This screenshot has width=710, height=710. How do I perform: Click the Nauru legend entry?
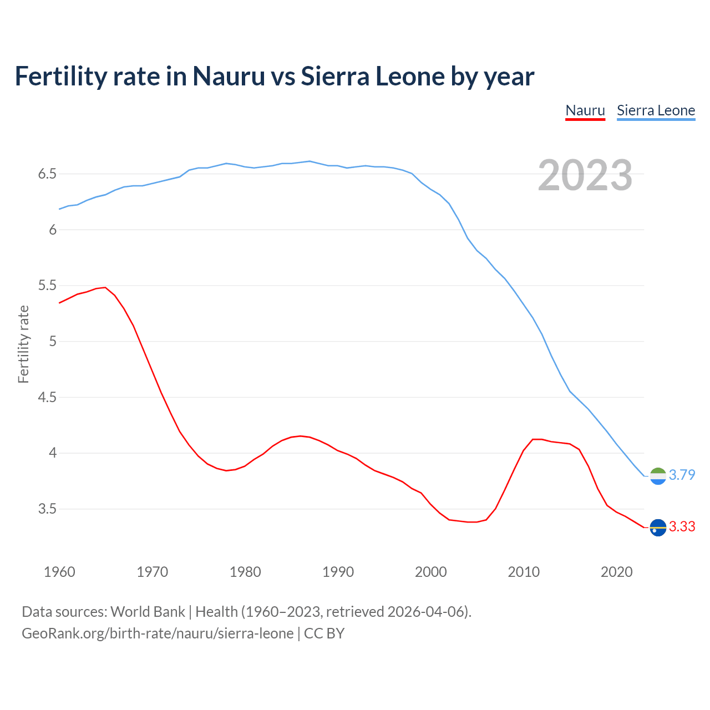coord(585,110)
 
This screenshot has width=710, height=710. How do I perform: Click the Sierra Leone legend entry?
coord(656,110)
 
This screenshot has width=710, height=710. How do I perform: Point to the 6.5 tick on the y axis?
coord(47,174)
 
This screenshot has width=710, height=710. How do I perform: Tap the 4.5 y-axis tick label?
coord(47,398)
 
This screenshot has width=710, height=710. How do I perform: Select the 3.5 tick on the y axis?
coord(47,509)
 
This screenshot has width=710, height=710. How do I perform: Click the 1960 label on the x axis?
coord(59,572)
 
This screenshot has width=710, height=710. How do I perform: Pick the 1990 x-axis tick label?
coord(338,572)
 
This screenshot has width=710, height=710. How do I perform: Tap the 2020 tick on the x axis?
coord(616,572)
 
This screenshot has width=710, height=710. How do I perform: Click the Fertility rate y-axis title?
coord(23,344)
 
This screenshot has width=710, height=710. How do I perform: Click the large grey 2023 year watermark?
coord(585,175)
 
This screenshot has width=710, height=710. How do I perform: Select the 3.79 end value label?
coord(682,475)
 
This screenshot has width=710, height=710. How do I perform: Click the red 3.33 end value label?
coord(682,526)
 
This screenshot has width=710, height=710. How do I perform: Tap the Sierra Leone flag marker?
coord(658,476)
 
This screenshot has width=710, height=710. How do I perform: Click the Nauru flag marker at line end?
coord(658,528)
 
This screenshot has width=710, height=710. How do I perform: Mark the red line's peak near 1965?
coord(105,287)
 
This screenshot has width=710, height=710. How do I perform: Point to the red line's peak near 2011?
coord(533,439)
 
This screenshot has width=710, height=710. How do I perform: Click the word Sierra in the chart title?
coord(335,76)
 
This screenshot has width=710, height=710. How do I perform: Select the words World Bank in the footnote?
coord(148,612)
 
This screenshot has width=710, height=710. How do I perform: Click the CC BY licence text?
coord(324,633)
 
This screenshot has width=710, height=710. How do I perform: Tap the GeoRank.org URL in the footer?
coord(158,633)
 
